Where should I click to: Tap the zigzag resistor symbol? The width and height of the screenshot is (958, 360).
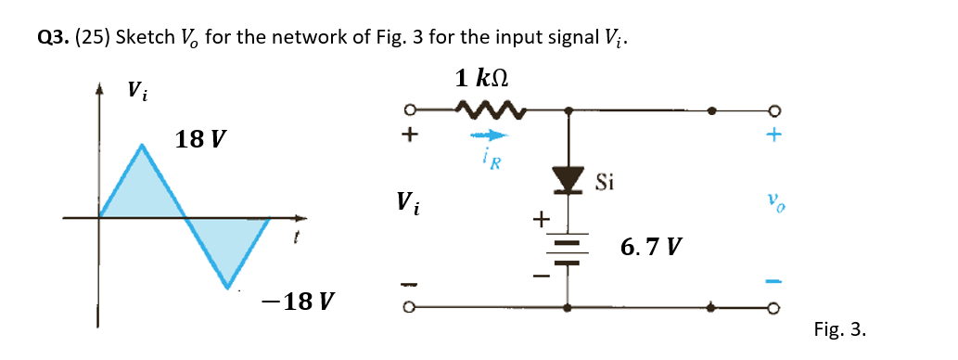pyautogui.click(x=491, y=113)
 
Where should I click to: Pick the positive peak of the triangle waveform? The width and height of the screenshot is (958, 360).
pyautogui.click(x=141, y=145)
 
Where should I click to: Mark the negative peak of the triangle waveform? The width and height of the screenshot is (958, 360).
pyautogui.click(x=228, y=287)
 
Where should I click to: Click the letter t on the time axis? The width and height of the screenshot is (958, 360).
pyautogui.click(x=295, y=239)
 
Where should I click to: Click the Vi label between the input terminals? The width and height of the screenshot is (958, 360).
pyautogui.click(x=408, y=201)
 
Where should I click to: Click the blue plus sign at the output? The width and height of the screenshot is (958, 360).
pyautogui.click(x=773, y=135)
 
